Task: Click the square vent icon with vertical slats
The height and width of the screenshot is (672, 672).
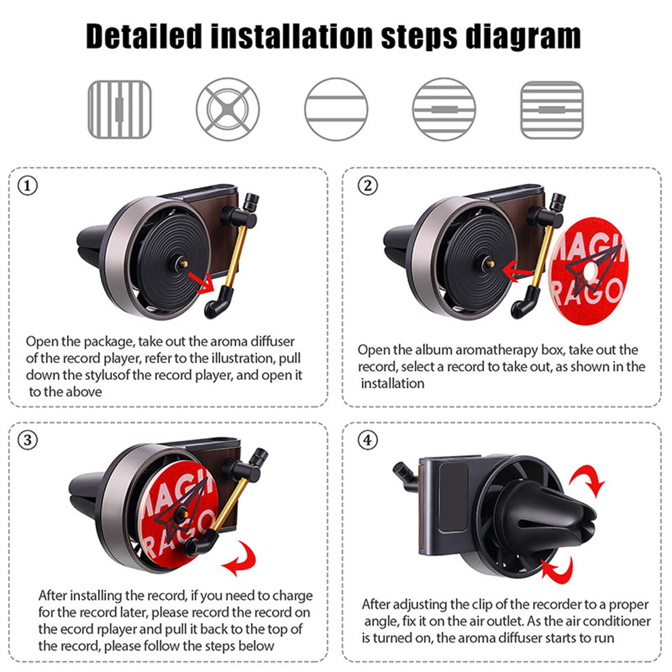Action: pyautogui.click(x=119, y=109)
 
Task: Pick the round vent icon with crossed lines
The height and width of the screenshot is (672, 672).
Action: pyautogui.click(x=228, y=109)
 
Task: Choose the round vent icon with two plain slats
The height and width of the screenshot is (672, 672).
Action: pyautogui.click(x=336, y=109)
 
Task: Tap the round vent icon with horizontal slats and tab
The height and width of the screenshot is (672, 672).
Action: pyautogui.click(x=444, y=109)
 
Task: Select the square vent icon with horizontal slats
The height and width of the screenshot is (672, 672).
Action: pyautogui.click(x=552, y=109)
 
